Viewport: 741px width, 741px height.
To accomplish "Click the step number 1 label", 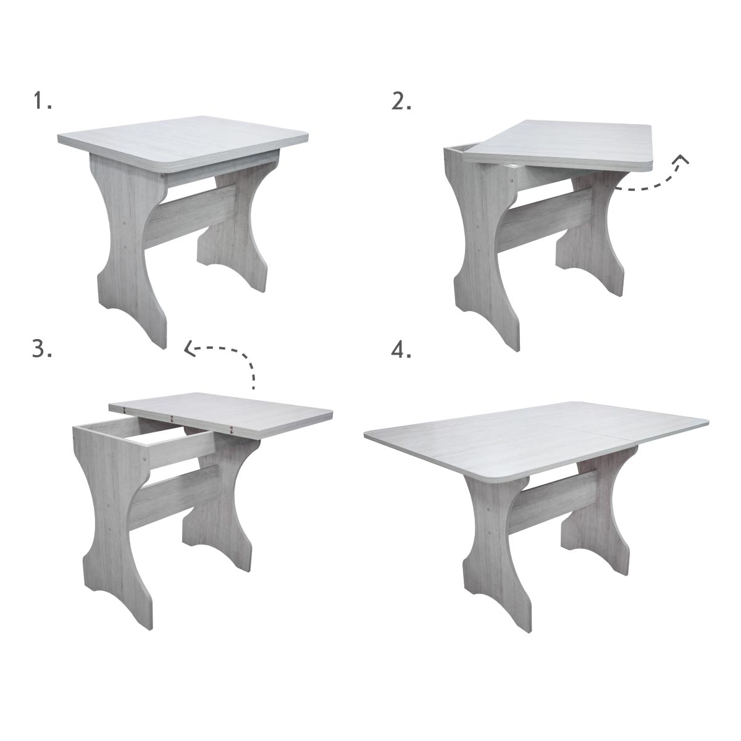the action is pos(43,101).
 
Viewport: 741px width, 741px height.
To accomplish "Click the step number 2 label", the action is pos(401,101).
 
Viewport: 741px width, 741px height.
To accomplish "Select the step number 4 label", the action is pos(401,349).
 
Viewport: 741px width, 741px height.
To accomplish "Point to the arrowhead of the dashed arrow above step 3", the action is pos(189,349).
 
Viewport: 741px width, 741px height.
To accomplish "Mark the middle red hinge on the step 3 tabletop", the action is pos(172,419).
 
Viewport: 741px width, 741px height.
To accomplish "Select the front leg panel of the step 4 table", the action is pos(500,550).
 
